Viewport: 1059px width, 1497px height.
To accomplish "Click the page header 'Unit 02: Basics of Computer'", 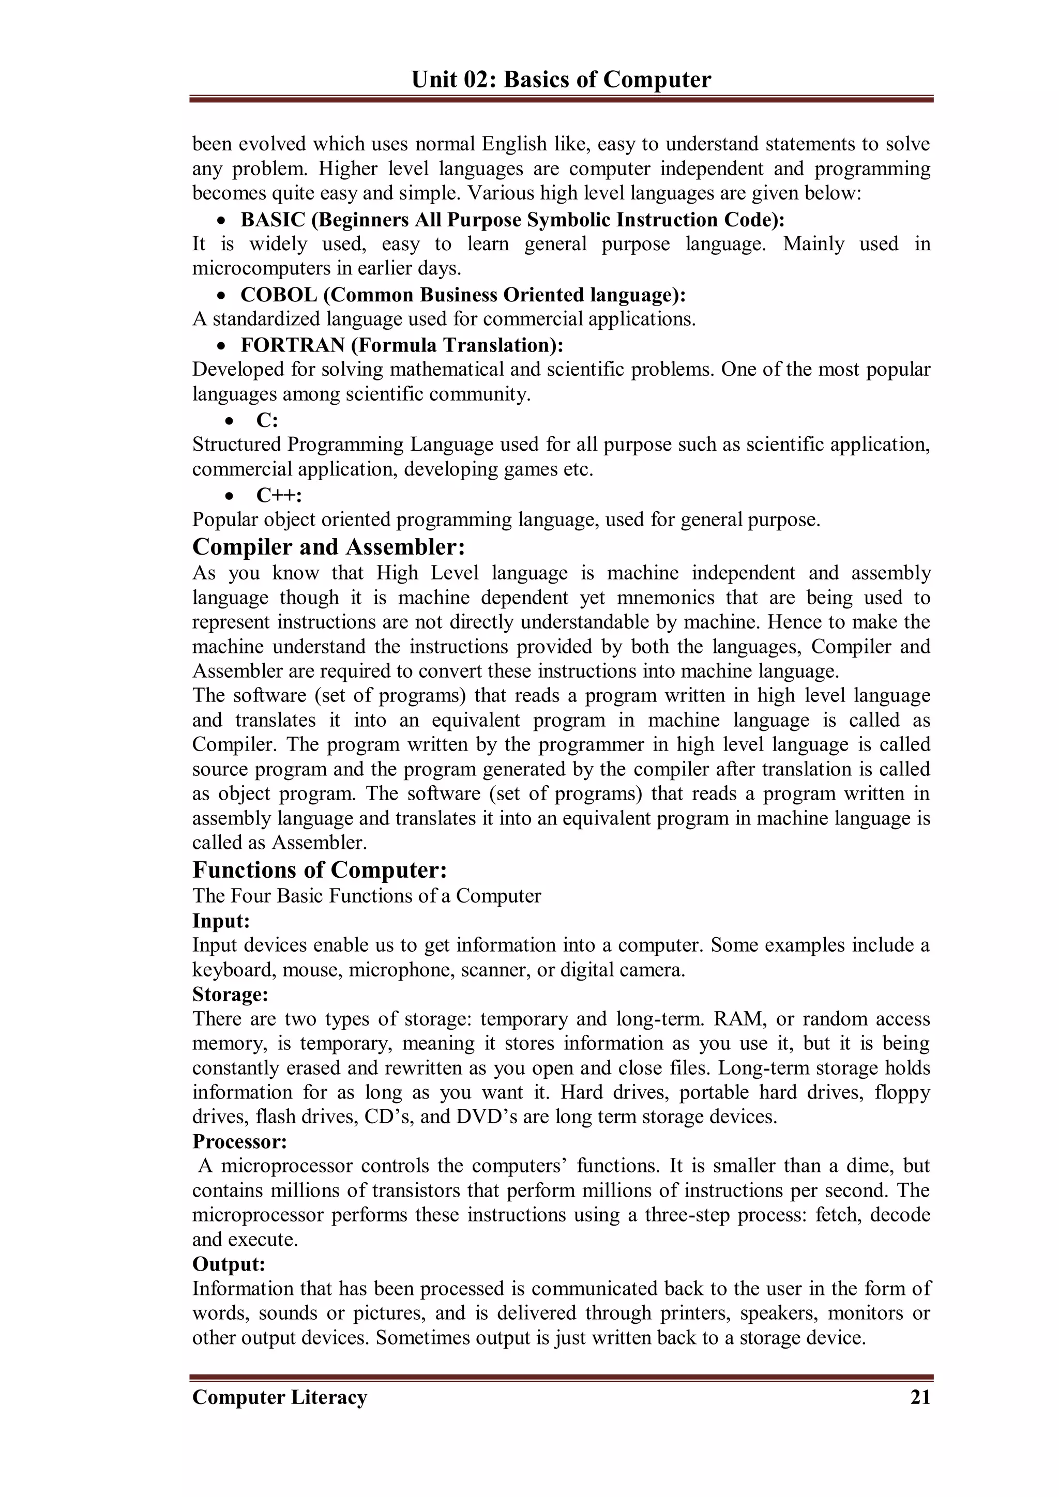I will point(561,80).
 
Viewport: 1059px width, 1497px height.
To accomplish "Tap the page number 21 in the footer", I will point(920,1397).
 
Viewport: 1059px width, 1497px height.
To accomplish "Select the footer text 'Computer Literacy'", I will point(280,1397).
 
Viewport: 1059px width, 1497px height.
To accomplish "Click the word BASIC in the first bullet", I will point(273,220).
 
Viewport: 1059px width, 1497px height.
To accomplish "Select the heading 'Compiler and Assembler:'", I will point(329,546).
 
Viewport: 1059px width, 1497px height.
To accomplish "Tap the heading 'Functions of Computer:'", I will point(320,870).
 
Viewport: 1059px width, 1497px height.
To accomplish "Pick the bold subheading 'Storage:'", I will point(230,995).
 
